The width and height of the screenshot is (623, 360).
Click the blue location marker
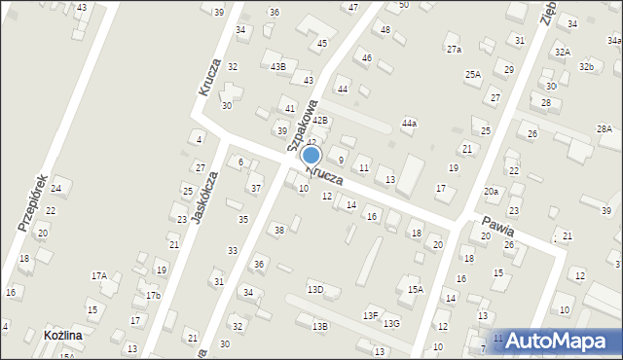[311, 156]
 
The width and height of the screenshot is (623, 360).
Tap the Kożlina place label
[62, 335]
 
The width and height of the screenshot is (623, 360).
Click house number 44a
[410, 124]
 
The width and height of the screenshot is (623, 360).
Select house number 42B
[320, 121]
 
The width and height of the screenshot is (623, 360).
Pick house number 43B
[278, 67]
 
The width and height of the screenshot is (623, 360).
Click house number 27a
[454, 49]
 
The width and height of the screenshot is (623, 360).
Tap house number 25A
[473, 74]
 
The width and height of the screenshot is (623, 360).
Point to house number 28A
[605, 129]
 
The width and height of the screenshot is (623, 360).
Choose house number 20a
[491, 192]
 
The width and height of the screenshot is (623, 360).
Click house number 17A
[99, 276]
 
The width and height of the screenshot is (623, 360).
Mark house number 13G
[391, 323]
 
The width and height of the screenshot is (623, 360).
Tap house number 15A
[416, 289]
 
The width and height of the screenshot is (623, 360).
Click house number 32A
[563, 52]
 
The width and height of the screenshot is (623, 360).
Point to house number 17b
[153, 295]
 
